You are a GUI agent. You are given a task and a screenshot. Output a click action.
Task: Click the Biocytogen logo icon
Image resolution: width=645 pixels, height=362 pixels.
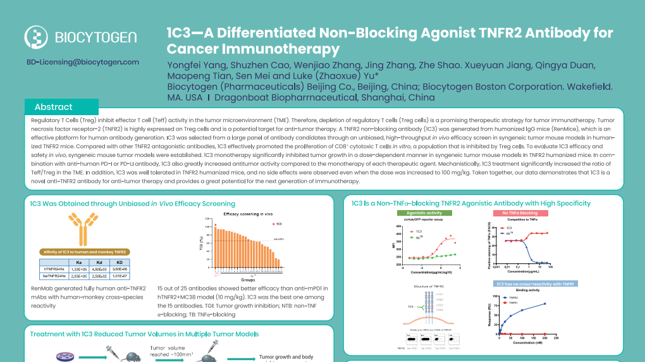[36, 37]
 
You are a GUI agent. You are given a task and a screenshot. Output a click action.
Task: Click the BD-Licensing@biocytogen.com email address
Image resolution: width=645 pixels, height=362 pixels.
[83, 62]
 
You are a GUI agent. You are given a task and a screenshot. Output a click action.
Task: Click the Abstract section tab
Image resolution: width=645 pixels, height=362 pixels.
[54, 107]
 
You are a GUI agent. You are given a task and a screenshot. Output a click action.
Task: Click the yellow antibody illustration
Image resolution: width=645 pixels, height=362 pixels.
[80, 230]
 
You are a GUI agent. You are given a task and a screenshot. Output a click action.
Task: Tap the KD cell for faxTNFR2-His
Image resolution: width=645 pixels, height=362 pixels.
[120, 277]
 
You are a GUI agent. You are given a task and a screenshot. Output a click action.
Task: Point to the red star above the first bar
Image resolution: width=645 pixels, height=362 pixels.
[216, 225]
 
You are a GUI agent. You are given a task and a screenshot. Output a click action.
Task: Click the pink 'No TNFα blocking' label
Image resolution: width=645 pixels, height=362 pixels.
[520, 213]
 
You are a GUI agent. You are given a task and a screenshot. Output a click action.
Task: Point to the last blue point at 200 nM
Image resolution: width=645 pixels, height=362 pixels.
[544, 304]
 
